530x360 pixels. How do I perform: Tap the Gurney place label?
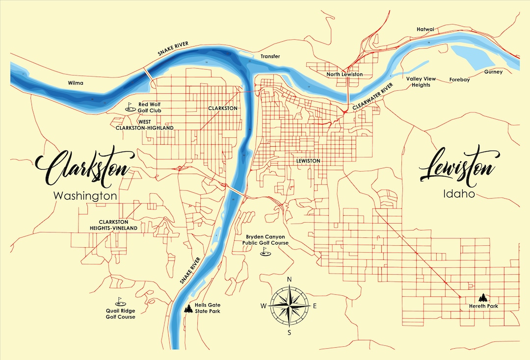tap(493, 72)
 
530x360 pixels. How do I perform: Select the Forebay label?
tap(460, 79)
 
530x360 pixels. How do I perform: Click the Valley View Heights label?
tap(418, 82)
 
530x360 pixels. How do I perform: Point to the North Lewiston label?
tap(345, 75)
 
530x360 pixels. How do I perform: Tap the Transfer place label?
tap(270, 56)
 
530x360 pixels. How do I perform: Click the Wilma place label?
tap(76, 83)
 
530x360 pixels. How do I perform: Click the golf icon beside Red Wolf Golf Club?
tap(130, 106)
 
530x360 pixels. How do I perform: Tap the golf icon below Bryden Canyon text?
tap(265, 252)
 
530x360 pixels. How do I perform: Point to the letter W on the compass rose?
tap(264, 306)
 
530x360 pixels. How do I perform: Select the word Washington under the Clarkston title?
tap(85, 196)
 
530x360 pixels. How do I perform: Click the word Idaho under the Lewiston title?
tap(458, 194)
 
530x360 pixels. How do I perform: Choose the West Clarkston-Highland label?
tap(144, 125)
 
